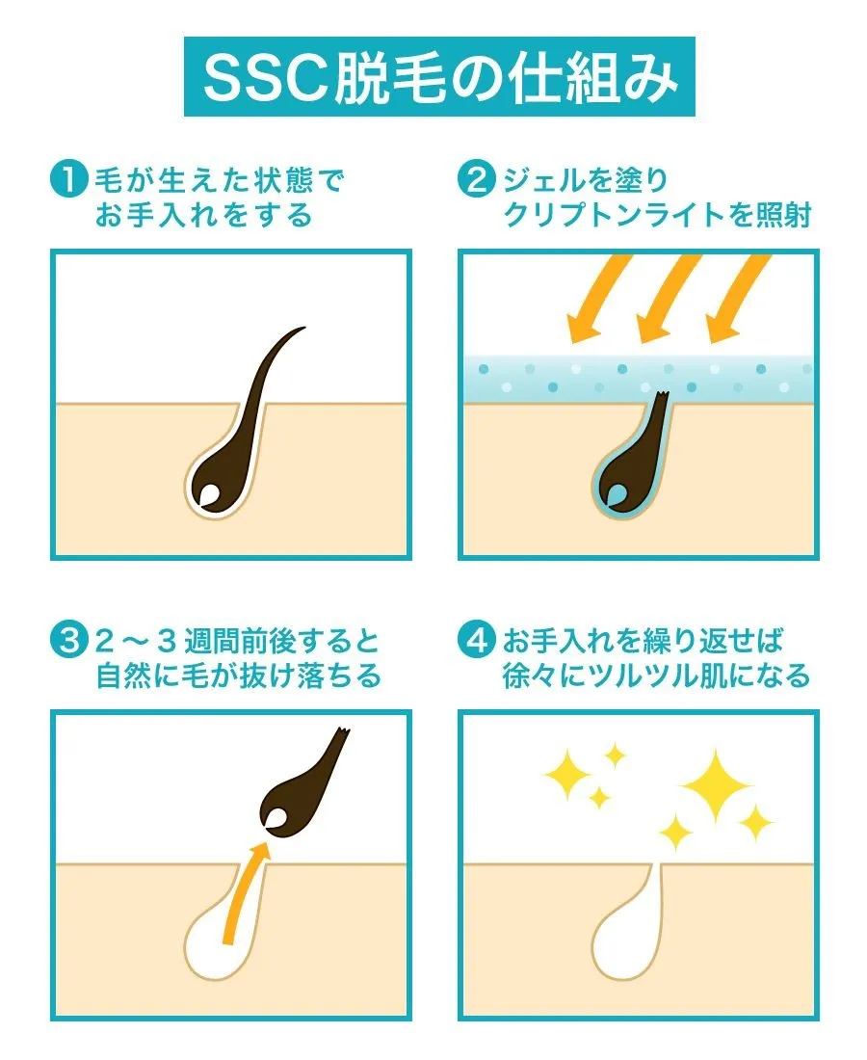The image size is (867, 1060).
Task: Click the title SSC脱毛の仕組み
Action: pos(440,77)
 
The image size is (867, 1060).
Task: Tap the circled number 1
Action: pos(69,180)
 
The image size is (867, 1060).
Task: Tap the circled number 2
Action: pos(477,180)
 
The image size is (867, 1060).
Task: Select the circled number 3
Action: pos(69,640)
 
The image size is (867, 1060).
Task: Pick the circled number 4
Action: pos(477,640)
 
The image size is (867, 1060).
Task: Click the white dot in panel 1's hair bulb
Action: pos(209,494)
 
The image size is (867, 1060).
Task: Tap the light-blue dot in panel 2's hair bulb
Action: pos(617,494)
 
